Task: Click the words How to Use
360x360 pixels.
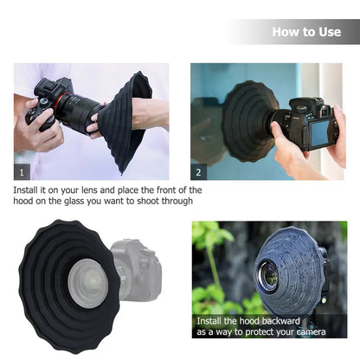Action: (x=306, y=32)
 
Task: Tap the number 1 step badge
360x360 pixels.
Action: (x=22, y=171)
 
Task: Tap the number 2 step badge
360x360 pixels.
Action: (x=200, y=171)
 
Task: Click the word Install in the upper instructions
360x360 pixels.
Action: (x=29, y=190)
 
